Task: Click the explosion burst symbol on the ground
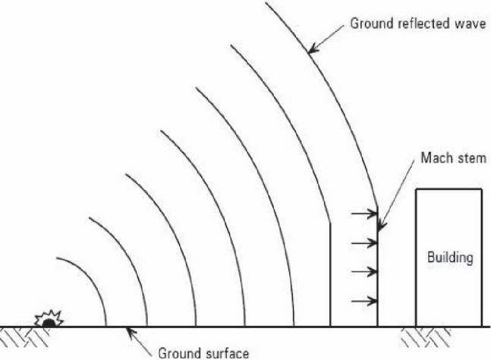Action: [x=49, y=319]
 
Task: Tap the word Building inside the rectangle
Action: [x=450, y=257]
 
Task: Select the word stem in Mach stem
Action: [x=471, y=158]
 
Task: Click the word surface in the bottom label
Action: [x=226, y=353]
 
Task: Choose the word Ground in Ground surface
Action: [x=179, y=353]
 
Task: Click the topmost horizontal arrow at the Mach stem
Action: [x=364, y=213]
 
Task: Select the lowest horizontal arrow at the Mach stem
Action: [x=364, y=301]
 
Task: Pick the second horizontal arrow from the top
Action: [x=364, y=243]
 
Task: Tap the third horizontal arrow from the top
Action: [x=364, y=272]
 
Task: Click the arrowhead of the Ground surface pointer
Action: [x=130, y=331]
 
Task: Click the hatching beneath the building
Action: [x=426, y=337]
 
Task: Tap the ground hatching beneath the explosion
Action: [x=25, y=336]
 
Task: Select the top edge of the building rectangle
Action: [x=449, y=189]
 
